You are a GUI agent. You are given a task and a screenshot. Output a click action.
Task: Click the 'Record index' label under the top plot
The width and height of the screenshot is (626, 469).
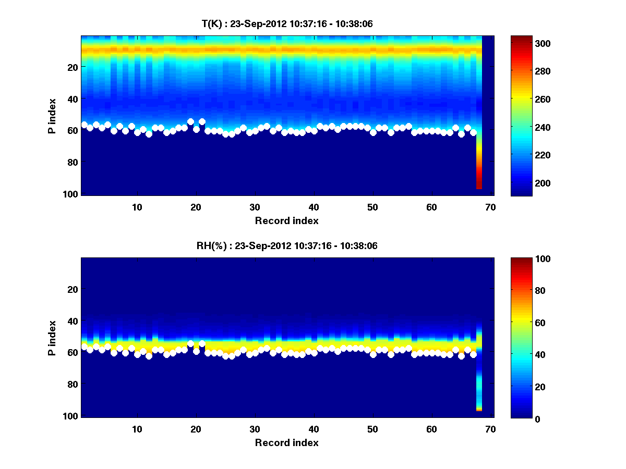[286, 220]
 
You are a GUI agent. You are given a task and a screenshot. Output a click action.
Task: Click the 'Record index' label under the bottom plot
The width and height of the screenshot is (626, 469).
[286, 442]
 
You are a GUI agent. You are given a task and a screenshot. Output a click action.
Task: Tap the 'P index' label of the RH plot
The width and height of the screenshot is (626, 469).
[52, 337]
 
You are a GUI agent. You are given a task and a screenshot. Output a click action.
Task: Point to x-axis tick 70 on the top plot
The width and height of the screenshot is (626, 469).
[490, 207]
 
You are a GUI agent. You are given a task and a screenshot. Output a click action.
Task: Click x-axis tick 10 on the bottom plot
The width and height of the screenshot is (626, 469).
[137, 429]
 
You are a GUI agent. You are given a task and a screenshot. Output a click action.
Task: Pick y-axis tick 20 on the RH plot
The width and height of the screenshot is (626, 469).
[72, 289]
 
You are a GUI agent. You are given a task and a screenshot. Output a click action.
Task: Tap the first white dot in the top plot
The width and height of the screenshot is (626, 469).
[85, 125]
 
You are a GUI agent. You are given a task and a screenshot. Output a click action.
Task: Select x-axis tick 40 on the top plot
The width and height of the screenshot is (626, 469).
[314, 207]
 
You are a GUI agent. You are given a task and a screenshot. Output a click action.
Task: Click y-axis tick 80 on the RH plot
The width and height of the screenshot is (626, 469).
[72, 385]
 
